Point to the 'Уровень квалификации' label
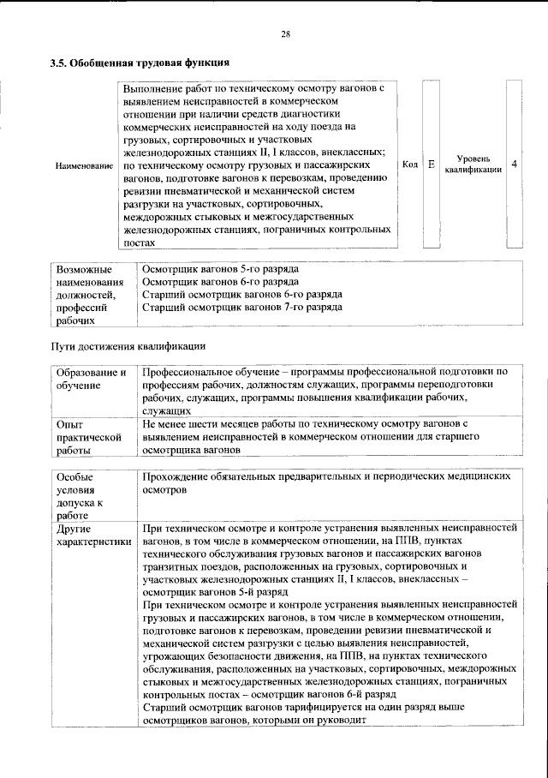point(473,164)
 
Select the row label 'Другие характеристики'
point(93,536)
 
